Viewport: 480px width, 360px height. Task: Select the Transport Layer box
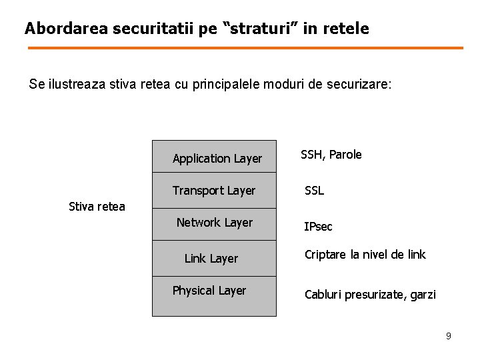pos(214,191)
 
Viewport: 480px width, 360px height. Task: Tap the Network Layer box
pos(214,223)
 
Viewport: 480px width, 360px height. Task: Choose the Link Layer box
pos(214,259)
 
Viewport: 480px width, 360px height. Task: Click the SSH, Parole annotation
pos(331,155)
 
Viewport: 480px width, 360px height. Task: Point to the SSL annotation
pos(315,191)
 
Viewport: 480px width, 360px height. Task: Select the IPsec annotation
pos(318,227)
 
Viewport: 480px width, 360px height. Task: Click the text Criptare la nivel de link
pos(365,255)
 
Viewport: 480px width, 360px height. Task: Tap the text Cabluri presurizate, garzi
pos(370,294)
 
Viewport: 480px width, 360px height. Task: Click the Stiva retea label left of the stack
pos(97,206)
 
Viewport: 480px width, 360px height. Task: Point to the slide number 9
pos(449,336)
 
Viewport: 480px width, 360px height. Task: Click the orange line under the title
pos(245,48)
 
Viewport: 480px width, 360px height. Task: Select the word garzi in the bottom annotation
pos(422,294)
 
